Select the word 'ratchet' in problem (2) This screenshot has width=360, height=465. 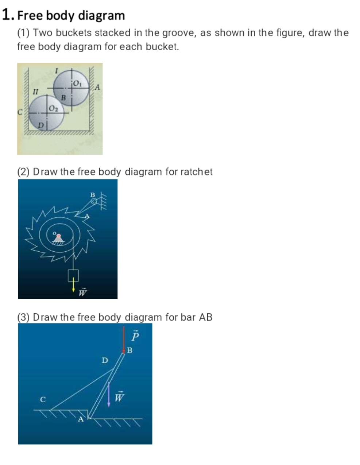tap(196, 171)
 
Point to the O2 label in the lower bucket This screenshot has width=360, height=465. tap(54, 108)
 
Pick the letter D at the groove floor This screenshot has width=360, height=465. tap(42, 125)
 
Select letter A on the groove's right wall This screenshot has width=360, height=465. tap(97, 87)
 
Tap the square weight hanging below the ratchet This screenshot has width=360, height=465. tap(73, 275)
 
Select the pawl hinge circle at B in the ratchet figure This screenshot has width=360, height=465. tap(94, 201)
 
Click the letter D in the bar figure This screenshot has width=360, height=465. tap(105, 360)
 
